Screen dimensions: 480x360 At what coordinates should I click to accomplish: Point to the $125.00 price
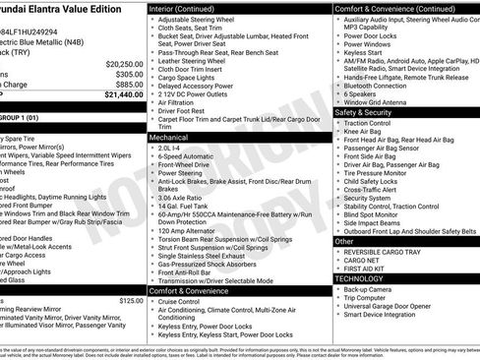click(x=130, y=300)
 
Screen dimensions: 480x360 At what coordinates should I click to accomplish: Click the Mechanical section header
click(x=169, y=139)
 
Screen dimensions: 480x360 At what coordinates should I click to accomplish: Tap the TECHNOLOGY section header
click(x=361, y=278)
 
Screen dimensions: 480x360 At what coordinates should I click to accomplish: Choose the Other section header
click(x=345, y=240)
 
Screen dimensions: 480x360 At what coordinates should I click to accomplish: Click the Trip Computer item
click(x=371, y=299)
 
